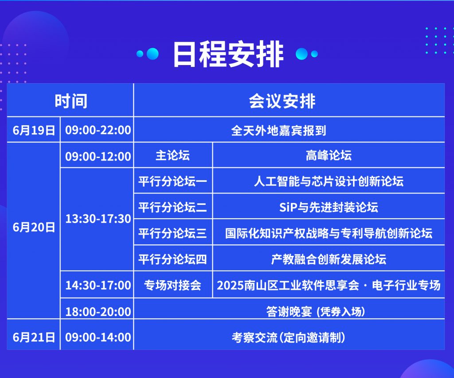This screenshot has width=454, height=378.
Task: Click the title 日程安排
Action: pyautogui.click(x=228, y=54)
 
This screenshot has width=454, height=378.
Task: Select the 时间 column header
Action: pyautogui.click(x=71, y=101)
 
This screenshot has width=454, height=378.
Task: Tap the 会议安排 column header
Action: pyautogui.click(x=282, y=101)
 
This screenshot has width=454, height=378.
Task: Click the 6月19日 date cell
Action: pyautogui.click(x=34, y=130)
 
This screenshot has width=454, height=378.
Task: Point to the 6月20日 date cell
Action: pyautogui.click(x=34, y=228)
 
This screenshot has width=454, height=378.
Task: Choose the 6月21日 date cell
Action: pyautogui.click(x=34, y=337)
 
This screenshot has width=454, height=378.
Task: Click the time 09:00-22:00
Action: pyautogui.click(x=98, y=130)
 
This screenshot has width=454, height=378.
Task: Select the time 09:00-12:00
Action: pyautogui.click(x=98, y=156)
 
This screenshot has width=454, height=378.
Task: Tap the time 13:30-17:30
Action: pyautogui.click(x=98, y=219)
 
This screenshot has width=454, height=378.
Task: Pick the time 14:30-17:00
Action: pyautogui.click(x=98, y=285)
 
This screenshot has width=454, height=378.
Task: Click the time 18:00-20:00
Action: pyautogui.click(x=98, y=312)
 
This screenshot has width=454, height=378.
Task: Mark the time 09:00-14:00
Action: pyautogui.click(x=98, y=337)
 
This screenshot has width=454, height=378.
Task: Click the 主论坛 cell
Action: pyautogui.click(x=172, y=155)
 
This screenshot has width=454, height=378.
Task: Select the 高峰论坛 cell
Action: pyautogui.click(x=329, y=155)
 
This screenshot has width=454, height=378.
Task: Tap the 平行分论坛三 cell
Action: pyautogui.click(x=172, y=233)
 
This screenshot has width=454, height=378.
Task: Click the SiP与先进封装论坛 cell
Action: pyautogui.click(x=329, y=207)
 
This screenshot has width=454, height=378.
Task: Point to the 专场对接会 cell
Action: pyautogui.click(x=172, y=285)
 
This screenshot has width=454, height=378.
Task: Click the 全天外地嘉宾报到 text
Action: pyautogui.click(x=278, y=131)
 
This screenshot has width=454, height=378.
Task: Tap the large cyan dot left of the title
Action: pyautogui.click(x=153, y=54)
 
